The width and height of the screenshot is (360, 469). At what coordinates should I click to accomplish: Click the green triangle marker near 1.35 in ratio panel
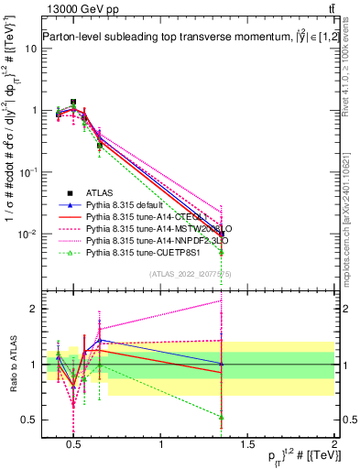tap(222, 417)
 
